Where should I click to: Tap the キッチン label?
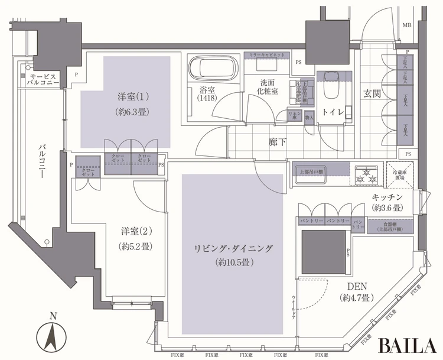pyautogui.click(x=387, y=197)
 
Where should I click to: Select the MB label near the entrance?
pyautogui.click(x=407, y=25)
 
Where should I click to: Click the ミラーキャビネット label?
pyautogui.click(x=266, y=54)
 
